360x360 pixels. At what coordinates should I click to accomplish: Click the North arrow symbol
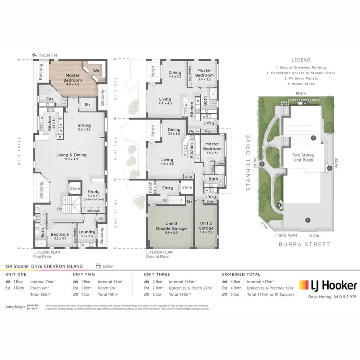[x=35, y=55]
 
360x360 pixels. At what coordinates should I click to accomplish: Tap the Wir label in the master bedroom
[x=96, y=70]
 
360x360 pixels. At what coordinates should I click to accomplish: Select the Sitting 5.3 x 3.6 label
[x=84, y=127]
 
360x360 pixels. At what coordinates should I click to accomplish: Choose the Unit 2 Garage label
[x=206, y=226]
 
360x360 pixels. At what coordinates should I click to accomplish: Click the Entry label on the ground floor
[x=168, y=188]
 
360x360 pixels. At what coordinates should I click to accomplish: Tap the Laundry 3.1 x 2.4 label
[x=87, y=234]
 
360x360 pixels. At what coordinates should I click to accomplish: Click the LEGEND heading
[x=301, y=60]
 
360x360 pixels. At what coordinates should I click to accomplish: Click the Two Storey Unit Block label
[x=303, y=157]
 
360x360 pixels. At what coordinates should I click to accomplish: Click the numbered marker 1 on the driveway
[x=308, y=220]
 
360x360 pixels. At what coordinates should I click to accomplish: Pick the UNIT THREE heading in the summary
[x=157, y=274]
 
